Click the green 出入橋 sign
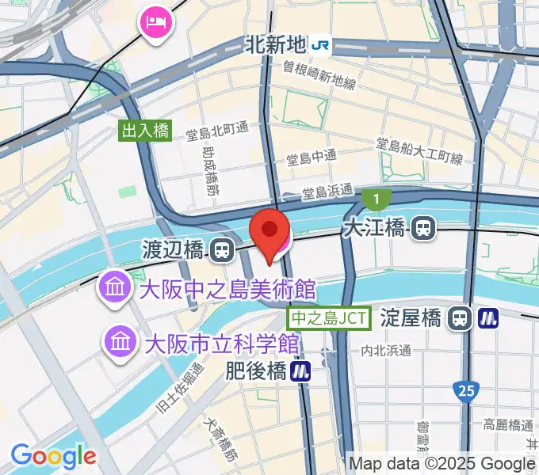(x=146, y=131)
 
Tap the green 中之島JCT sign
(x=329, y=318)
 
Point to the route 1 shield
(x=377, y=198)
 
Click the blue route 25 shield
(x=466, y=389)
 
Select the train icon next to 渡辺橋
(x=222, y=252)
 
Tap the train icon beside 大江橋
(x=424, y=230)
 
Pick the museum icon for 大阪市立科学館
(x=121, y=343)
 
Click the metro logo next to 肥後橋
(x=300, y=370)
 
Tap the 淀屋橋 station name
(x=410, y=318)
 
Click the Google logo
(x=53, y=456)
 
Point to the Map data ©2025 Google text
(x=442, y=464)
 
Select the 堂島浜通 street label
(x=327, y=191)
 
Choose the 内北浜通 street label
(x=386, y=349)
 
